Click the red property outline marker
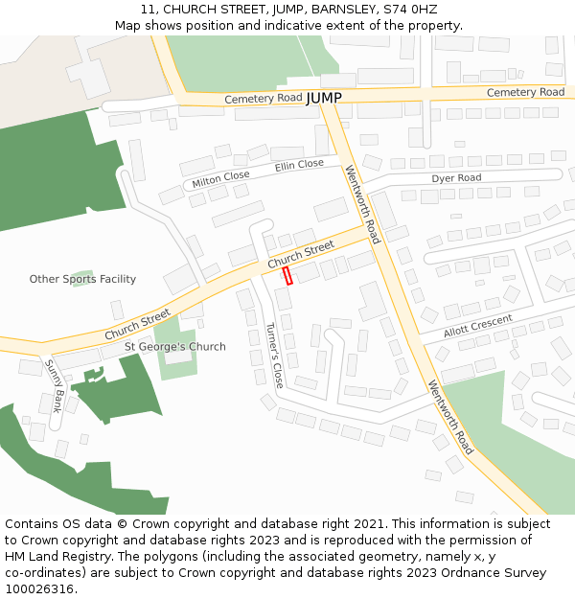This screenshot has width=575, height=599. (x=287, y=275)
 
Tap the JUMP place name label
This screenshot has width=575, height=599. (x=324, y=98)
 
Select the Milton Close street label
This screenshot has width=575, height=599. (x=220, y=178)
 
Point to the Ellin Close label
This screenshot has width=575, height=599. (x=299, y=165)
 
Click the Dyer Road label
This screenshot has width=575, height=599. (x=456, y=178)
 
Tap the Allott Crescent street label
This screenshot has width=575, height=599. (x=478, y=326)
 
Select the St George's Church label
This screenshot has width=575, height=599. (x=175, y=346)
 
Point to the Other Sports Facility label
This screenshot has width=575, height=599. (x=82, y=279)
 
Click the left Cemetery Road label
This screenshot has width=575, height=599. (x=264, y=99)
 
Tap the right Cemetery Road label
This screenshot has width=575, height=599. (x=525, y=92)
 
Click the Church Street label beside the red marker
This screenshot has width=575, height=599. (x=301, y=255)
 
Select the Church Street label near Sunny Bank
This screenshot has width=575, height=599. (x=137, y=324)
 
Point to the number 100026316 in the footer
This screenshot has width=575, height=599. (x=39, y=589)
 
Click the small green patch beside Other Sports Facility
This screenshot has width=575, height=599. (x=82, y=276)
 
